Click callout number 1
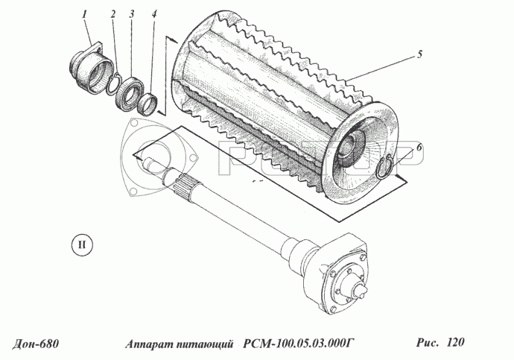click(x=85, y=14)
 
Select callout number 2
click(x=113, y=14)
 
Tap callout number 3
click(x=131, y=14)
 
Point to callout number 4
click(x=154, y=14)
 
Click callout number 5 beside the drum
click(x=420, y=54)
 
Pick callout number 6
click(x=419, y=148)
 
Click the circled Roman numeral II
click(x=82, y=245)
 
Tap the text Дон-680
click(x=36, y=344)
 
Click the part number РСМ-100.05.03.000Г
click(x=298, y=344)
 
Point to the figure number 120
click(x=455, y=342)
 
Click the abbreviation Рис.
click(x=428, y=342)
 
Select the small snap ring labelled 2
click(x=114, y=84)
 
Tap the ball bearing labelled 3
click(x=130, y=91)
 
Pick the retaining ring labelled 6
click(x=384, y=167)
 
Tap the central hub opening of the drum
click(x=350, y=148)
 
